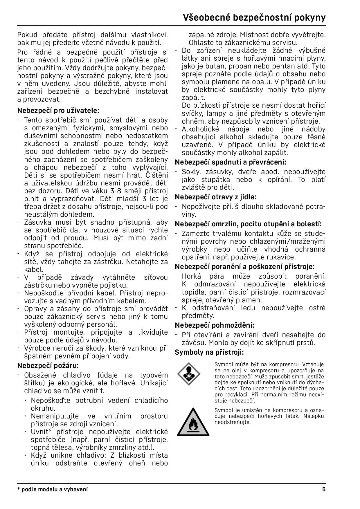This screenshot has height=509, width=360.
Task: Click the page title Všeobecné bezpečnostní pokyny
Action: click(254, 18)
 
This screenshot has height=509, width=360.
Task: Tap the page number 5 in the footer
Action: click(324, 490)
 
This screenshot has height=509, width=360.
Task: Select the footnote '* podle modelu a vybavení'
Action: click(53, 490)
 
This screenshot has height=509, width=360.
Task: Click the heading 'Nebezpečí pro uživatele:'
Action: click(58, 111)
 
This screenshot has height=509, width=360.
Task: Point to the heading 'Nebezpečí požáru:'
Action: click(48, 365)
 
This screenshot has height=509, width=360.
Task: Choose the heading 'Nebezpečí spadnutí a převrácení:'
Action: click(231, 162)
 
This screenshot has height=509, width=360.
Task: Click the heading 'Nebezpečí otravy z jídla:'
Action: click(216, 197)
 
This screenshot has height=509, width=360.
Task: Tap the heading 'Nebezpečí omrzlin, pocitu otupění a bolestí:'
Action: click(248, 224)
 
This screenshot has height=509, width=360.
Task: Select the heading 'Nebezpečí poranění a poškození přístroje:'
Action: click(245, 266)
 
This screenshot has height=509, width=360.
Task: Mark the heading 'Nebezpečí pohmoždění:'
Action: click(215, 325)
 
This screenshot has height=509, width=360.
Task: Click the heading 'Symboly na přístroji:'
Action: click(209, 352)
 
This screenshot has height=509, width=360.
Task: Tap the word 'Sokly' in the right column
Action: click(190, 172)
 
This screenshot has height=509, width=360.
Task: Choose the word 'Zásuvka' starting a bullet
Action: click(37, 222)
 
